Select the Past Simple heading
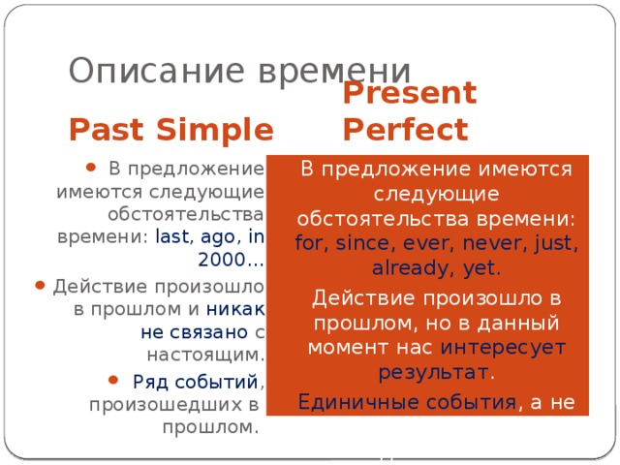point(170,128)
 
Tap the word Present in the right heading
point(410,93)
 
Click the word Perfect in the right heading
point(405,128)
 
